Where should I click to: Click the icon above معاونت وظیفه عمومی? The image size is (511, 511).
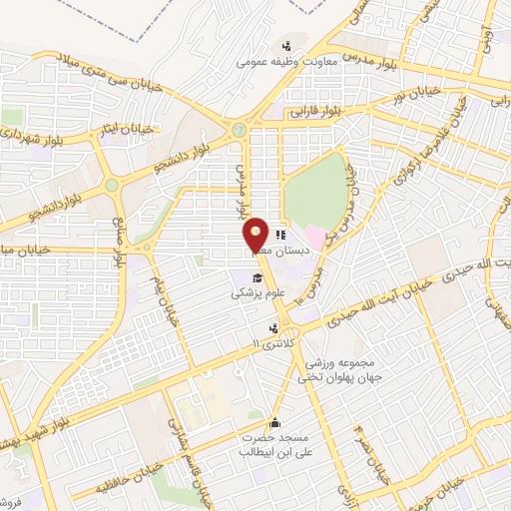tap(287, 45)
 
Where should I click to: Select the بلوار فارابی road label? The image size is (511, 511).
tap(320, 113)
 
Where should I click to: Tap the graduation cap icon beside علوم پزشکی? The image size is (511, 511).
tap(256, 277)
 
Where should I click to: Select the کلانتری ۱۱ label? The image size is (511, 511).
tap(275, 344)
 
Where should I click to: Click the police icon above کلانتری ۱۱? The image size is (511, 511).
tap(273, 327)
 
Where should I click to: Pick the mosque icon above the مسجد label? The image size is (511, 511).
tap(275, 422)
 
